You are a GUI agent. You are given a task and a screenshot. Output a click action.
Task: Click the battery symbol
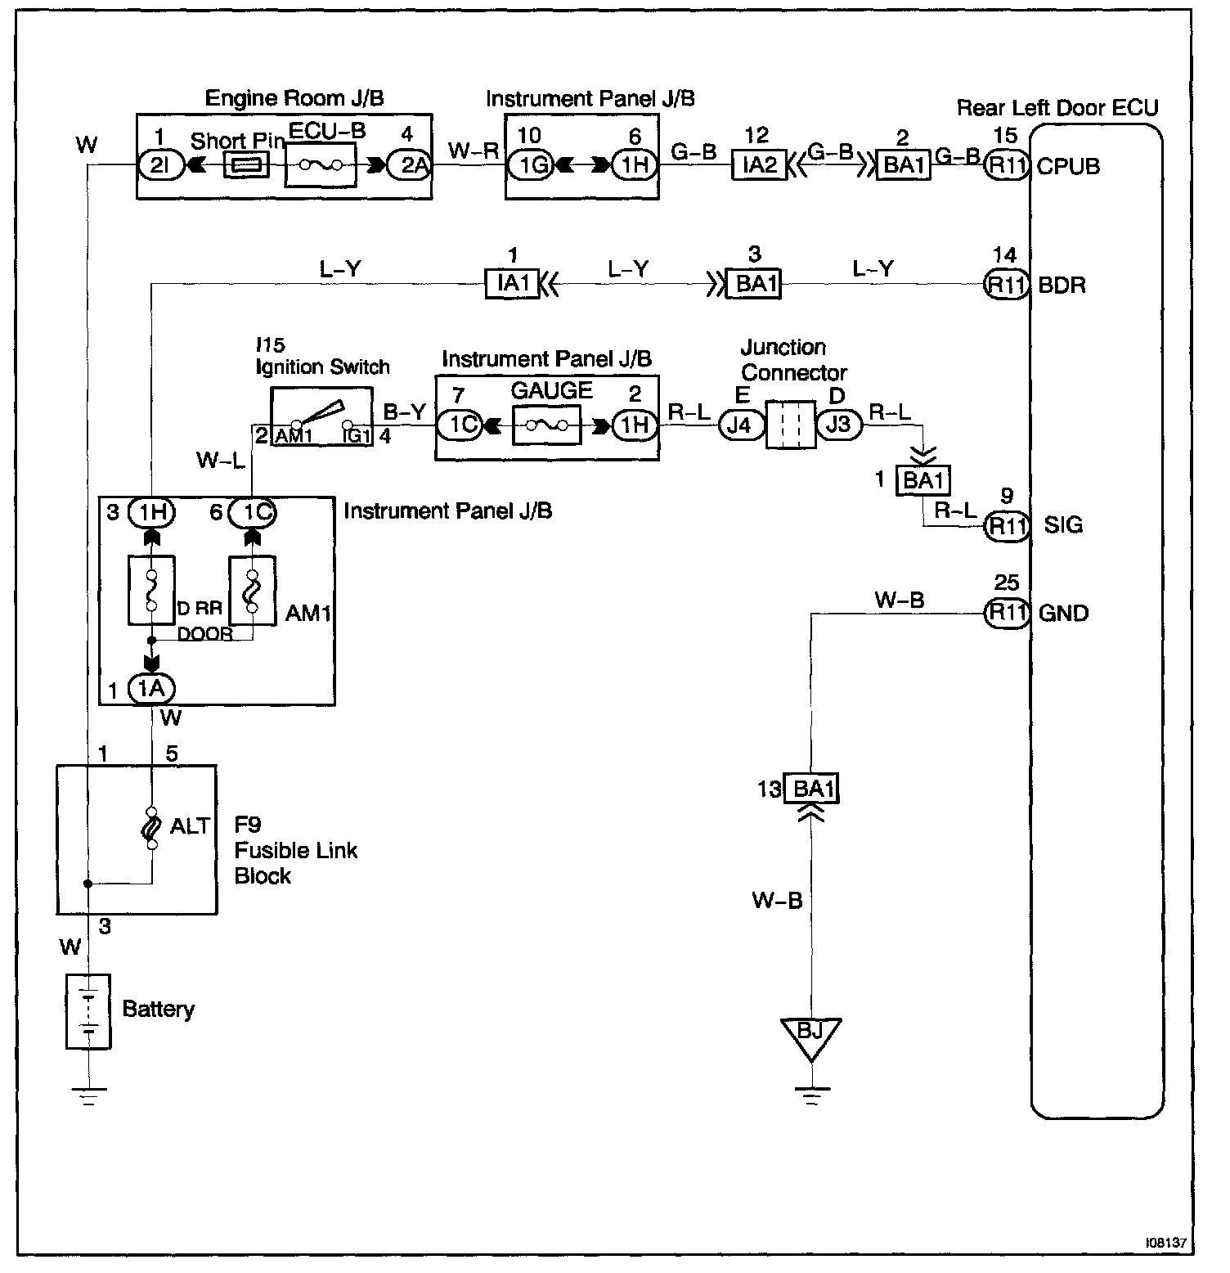88,1011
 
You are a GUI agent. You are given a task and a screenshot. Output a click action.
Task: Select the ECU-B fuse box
320,165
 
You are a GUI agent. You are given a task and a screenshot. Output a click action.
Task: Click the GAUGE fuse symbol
547,425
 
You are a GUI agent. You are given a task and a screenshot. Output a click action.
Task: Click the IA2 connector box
759,166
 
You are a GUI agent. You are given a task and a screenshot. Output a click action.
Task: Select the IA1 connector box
513,284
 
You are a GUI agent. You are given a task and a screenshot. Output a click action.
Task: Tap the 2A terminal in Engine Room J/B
409,165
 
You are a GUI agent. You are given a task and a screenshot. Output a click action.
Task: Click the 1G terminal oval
531,166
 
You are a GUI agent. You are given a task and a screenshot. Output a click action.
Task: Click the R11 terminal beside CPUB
1007,166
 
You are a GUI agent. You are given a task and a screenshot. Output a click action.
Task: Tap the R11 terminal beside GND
1007,613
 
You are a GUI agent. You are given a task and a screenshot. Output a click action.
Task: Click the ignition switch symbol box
321,416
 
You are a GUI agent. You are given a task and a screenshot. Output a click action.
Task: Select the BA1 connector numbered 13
810,789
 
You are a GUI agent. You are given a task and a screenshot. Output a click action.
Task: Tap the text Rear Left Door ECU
1057,109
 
